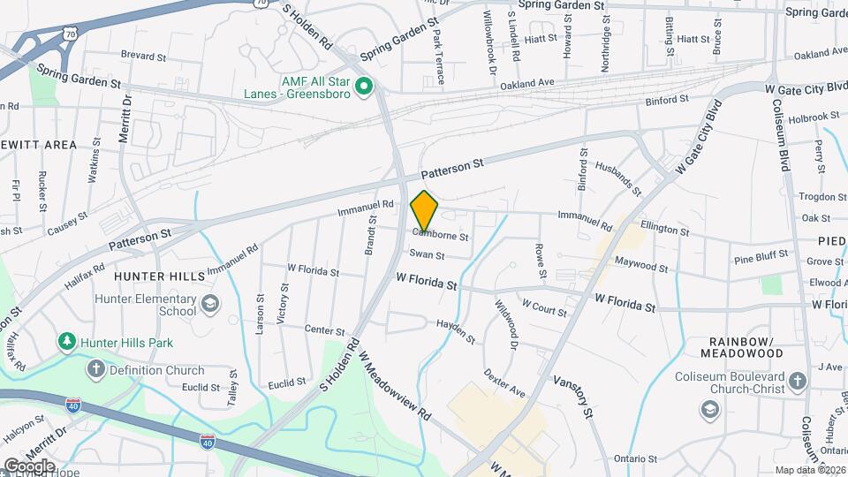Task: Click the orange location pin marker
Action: click(425, 210)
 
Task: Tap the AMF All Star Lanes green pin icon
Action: click(364, 86)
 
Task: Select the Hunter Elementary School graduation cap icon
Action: click(210, 305)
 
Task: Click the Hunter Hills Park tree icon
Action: click(66, 341)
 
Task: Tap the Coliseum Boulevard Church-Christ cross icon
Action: click(798, 382)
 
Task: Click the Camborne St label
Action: click(439, 237)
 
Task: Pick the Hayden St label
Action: click(456, 332)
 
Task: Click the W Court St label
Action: click(544, 307)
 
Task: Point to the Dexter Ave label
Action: click(504, 382)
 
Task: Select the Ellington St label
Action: click(664, 230)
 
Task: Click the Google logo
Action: click(28, 466)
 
